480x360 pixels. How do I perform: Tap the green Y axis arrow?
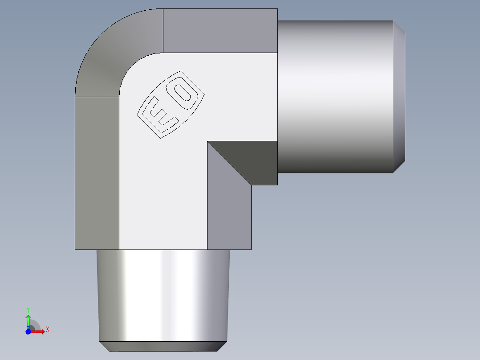(28, 320)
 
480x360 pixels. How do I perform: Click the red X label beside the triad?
(47, 330)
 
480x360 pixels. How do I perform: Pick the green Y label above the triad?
(28, 309)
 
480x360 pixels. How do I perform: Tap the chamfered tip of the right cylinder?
(399, 97)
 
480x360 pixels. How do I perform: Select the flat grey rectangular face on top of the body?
(220, 30)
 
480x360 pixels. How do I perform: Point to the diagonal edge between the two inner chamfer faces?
(229, 163)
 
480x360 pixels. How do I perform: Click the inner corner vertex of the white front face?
(207, 142)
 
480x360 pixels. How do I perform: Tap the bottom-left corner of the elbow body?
(75, 249)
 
